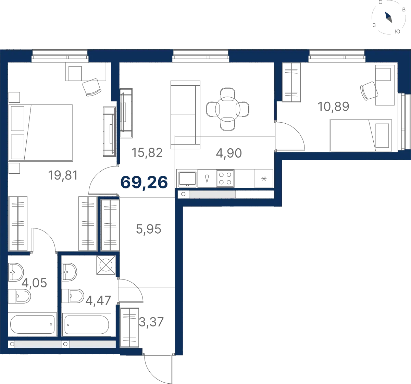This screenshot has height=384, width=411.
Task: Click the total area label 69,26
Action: point(144,182)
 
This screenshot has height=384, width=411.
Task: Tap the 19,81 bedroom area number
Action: point(63,175)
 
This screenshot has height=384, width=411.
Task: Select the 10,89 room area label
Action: point(333,107)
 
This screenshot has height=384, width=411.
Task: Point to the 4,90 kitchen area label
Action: point(229,153)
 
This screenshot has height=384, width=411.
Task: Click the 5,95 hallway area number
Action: point(148,229)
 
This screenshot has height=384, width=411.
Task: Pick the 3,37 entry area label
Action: point(151,322)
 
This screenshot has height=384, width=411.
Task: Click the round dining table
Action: point(228,109)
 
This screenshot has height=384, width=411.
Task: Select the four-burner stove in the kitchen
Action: point(225,178)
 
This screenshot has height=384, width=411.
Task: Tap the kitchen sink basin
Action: point(187,178)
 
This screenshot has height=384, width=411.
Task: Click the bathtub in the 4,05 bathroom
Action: point(33,324)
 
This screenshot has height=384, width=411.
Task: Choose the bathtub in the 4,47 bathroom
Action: point(87,324)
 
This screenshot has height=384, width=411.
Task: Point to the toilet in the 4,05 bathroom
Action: point(20,296)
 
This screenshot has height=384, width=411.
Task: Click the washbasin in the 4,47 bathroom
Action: point(69,272)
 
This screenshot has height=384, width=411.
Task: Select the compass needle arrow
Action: point(388,17)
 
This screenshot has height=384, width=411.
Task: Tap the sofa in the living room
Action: point(185,115)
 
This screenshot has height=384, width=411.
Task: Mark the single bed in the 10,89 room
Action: point(361,135)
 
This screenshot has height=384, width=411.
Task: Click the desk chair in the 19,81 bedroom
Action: point(92,87)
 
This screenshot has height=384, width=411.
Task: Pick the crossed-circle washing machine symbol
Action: point(106,265)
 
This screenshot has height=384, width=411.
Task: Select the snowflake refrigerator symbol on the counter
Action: point(264,178)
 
